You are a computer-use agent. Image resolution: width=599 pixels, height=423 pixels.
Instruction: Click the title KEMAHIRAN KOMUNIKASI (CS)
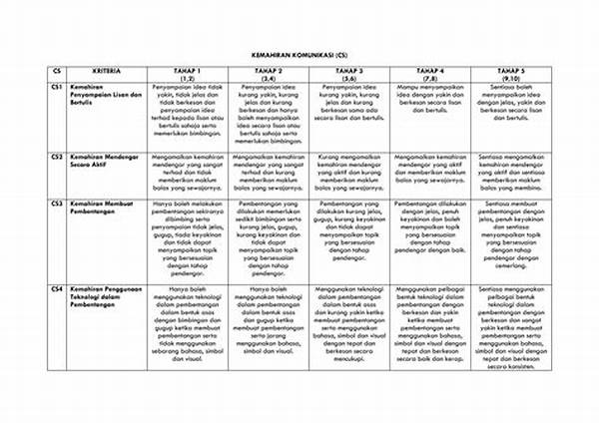(x=299, y=58)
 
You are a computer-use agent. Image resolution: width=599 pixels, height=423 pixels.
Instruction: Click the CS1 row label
(x=59, y=89)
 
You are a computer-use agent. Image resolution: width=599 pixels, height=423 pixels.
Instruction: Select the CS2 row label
(x=59, y=157)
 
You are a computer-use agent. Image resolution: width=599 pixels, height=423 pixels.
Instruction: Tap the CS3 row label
(x=59, y=202)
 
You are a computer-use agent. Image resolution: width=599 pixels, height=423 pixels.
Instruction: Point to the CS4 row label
(x=59, y=287)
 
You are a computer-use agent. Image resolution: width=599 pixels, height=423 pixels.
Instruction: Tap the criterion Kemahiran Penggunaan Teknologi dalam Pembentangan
(x=105, y=296)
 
